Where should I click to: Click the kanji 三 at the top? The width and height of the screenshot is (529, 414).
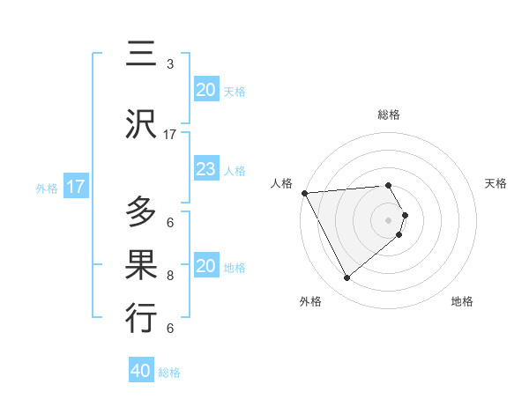(x=141, y=55)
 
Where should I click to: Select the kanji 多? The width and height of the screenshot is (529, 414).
(x=141, y=212)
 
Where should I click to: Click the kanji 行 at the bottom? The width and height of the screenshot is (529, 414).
(x=141, y=318)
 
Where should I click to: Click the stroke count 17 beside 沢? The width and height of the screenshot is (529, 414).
(x=170, y=135)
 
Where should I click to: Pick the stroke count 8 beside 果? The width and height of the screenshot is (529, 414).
(x=170, y=276)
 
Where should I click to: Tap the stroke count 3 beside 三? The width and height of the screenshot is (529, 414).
(x=170, y=64)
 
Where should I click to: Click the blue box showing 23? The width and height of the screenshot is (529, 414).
(x=206, y=169)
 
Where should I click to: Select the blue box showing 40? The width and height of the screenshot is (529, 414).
(x=141, y=371)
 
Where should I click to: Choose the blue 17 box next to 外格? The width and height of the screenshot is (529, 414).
(x=76, y=187)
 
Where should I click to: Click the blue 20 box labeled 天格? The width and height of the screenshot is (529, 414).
(x=206, y=90)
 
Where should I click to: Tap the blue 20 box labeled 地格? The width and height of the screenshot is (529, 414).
(x=206, y=266)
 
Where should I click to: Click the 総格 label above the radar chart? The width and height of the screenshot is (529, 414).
(x=389, y=115)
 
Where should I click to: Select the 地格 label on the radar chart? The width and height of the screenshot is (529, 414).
(x=462, y=301)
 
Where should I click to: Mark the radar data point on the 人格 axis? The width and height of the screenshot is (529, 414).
(x=304, y=192)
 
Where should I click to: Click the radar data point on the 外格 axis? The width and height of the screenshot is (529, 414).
(x=346, y=277)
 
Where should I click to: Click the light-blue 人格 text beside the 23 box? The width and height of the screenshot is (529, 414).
(x=234, y=170)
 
